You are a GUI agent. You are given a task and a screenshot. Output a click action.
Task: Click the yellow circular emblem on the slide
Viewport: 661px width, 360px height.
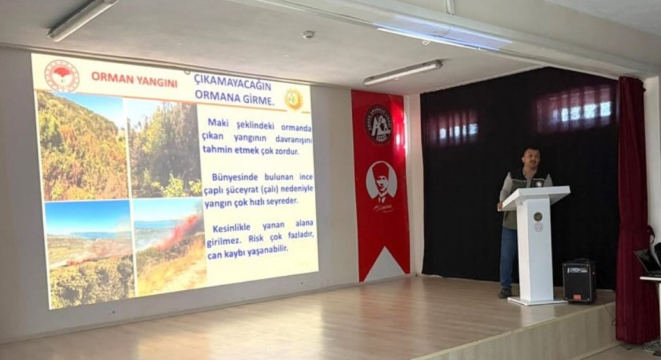[293, 99]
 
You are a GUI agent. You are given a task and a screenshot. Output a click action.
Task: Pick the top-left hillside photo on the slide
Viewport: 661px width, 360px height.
[82, 146]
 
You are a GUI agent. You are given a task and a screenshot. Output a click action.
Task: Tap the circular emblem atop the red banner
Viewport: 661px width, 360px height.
[378, 123]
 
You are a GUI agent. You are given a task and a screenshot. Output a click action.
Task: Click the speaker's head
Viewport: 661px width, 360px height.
[530, 158]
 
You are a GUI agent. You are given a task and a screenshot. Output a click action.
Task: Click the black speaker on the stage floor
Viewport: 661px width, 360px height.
[579, 281]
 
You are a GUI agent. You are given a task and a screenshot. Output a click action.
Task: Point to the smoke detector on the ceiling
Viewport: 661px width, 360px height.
[308, 34]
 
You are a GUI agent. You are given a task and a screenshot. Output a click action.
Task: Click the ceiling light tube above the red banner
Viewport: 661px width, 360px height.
[402, 71]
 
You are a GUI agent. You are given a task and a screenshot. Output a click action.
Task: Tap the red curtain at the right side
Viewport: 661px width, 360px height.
[634, 211]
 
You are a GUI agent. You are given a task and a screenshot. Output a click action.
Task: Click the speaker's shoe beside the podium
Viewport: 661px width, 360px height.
[505, 292]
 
